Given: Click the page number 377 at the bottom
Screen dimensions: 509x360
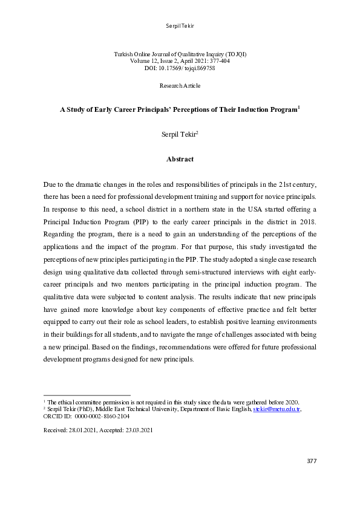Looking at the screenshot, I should point(310,461).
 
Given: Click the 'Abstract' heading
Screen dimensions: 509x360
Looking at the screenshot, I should point(180,159).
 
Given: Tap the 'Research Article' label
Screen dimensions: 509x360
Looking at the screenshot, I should point(180,86).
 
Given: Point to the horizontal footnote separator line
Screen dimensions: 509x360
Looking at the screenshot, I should point(87,395).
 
